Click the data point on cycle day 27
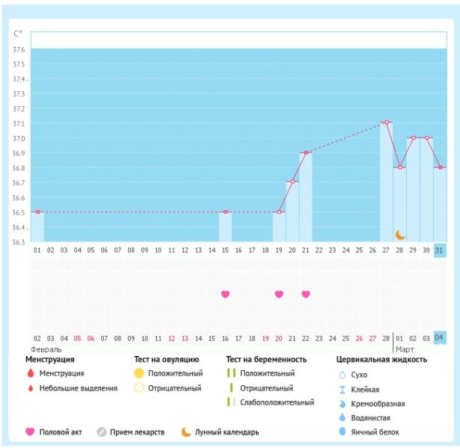[x=386, y=123]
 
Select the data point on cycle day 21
[x=305, y=153]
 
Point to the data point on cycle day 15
[x=225, y=212]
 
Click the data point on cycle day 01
[x=37, y=212]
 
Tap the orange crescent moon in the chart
[x=400, y=235]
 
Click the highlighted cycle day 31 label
[x=440, y=250]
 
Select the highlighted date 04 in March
[x=440, y=338]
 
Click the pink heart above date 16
[x=225, y=294]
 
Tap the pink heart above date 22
[x=305, y=294]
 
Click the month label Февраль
[x=46, y=349]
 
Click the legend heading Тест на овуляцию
[x=166, y=360]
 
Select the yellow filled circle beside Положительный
[x=138, y=373]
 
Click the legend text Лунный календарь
[x=226, y=432]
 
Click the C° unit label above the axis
[x=18, y=34]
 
